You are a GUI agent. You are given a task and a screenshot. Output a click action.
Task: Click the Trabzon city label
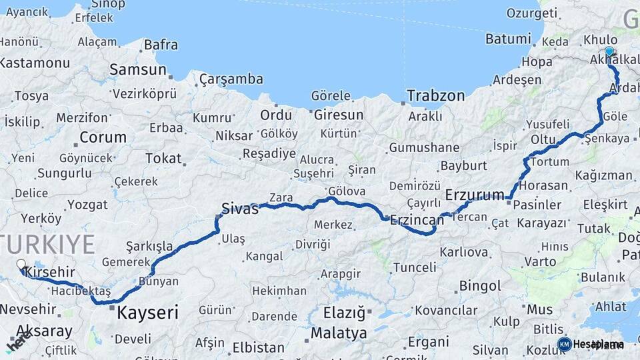coord(436,95)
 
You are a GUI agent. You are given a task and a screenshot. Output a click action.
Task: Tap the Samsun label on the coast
coord(137,69)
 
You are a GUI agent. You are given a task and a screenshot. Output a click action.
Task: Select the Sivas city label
coord(239,209)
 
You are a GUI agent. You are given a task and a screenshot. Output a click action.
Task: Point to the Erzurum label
coord(475,195)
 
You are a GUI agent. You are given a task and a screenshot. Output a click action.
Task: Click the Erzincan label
coord(417,219)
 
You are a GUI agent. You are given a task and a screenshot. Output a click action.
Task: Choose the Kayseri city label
coord(147,312)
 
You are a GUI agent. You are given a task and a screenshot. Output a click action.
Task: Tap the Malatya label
coord(339,332)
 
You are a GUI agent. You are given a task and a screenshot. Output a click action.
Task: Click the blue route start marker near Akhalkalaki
coord(609,51)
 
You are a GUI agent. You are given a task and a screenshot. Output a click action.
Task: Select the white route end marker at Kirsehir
coord(21,265)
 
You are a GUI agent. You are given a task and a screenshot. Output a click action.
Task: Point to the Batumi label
coord(508,39)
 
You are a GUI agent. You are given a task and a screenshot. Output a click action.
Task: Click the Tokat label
coord(163,158)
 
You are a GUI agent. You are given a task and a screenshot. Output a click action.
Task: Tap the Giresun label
coord(339,115)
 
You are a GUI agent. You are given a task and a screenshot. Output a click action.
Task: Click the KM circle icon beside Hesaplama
coord(564,344)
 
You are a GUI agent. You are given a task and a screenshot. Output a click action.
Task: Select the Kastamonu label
coord(35,63)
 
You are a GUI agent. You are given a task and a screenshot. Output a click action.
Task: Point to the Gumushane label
coord(424,147)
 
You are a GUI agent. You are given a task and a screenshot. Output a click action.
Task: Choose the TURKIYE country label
coord(47,244)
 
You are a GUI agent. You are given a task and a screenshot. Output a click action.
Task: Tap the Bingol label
coord(480,286)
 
